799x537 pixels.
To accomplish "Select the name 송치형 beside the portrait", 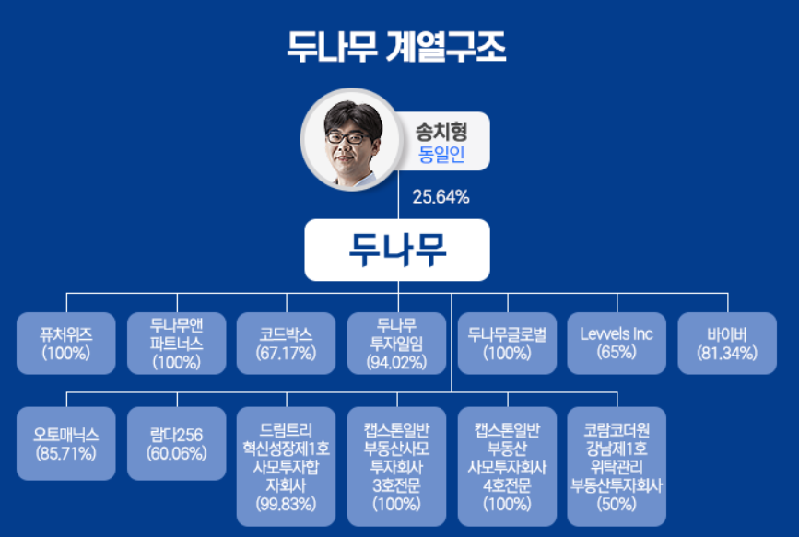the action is (441, 132).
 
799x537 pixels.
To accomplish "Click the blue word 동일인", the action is (441, 154).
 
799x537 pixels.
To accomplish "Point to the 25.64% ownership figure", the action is (441, 196).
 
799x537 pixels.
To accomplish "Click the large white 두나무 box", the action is (397, 249).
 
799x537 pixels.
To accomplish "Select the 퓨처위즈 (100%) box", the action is (66, 343).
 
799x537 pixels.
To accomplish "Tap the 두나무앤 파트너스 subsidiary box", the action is (176, 343).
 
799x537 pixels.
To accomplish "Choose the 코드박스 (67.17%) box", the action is (287, 343).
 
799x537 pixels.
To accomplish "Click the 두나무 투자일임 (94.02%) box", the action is (397, 343).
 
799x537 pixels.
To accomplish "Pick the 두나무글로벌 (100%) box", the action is (507, 343).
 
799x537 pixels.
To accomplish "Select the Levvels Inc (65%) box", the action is (617, 343).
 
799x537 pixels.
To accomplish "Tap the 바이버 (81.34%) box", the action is (727, 343).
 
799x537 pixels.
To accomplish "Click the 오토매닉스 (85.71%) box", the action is (66, 443).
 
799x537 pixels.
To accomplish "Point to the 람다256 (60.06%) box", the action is (176, 443).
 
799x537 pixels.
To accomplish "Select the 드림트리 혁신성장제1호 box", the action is (287, 466).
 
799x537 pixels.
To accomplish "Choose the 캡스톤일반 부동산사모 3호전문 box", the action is (397, 466).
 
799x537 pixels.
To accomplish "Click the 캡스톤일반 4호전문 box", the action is (507, 466).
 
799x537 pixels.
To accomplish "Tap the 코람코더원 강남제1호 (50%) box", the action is (617, 466).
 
